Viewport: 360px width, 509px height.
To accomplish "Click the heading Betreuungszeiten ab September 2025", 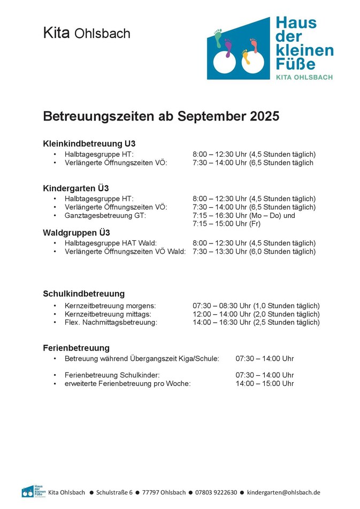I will click(x=160, y=116).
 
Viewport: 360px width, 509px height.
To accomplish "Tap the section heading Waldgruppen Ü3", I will click(x=76, y=232).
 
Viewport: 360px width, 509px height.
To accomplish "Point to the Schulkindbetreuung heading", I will click(x=83, y=293).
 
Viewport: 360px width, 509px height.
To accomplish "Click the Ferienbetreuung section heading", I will click(x=76, y=348).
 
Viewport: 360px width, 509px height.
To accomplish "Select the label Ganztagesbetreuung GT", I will click(x=105, y=216).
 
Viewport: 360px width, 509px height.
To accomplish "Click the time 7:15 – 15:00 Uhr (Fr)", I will click(x=226, y=224).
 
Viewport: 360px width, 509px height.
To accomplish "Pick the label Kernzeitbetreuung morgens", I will click(x=110, y=306).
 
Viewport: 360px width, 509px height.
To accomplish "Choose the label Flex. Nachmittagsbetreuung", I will click(x=111, y=323).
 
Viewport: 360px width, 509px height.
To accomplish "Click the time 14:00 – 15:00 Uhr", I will click(x=265, y=384).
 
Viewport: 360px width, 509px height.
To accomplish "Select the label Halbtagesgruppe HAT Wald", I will click(x=110, y=243).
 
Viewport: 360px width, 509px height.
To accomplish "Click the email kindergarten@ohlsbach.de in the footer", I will click(x=284, y=492).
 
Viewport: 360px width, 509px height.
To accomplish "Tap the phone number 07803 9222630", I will click(x=216, y=492).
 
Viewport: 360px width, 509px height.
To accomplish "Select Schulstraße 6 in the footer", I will click(x=114, y=492).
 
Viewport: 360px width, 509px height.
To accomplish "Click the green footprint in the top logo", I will click(x=218, y=38).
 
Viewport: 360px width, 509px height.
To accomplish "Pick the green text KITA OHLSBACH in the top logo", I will click(x=304, y=77).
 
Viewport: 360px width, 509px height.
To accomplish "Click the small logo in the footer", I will click(x=32, y=491).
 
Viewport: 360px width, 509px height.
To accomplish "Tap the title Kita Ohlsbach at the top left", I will click(x=87, y=33).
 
